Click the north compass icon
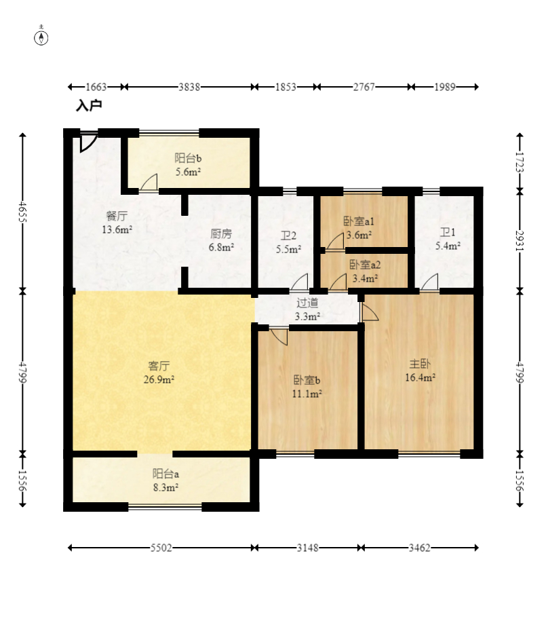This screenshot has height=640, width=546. [41, 37]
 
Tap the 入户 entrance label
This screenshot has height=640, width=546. [89, 105]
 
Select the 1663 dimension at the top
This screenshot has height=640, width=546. [96, 87]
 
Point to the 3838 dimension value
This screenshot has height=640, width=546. [189, 87]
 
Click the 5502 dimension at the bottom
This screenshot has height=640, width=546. [161, 548]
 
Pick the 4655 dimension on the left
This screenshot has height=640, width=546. [23, 212]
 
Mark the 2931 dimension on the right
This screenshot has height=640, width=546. [520, 241]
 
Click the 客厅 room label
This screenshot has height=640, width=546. [159, 366]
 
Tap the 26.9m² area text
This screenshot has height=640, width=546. [159, 379]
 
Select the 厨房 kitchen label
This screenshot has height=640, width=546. [221, 233]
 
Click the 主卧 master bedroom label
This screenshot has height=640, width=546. [420, 364]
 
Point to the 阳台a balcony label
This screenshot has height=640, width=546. [165, 474]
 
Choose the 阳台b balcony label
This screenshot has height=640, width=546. [188, 157]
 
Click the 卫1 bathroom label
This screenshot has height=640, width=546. [448, 232]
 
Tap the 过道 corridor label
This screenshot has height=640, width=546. [307, 303]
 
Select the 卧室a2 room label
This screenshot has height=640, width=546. [365, 265]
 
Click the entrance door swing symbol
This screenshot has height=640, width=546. [87, 141]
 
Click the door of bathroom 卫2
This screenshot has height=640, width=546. [300, 282]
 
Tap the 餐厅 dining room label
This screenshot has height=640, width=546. [117, 216]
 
